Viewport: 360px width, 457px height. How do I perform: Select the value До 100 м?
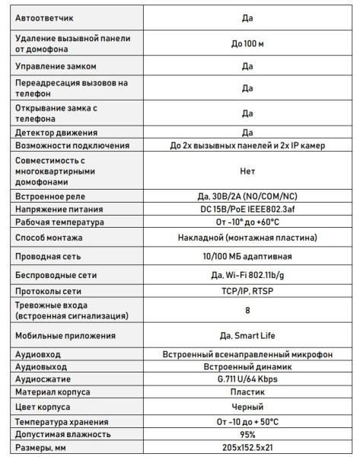(x=247, y=44)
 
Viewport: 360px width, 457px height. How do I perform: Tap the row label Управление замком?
(x=56, y=67)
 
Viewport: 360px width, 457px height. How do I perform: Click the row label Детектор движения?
(x=55, y=133)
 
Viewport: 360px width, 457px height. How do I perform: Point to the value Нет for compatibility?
(x=247, y=172)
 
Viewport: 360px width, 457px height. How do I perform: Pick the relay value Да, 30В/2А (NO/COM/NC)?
(x=247, y=197)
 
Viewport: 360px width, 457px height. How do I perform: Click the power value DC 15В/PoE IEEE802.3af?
(x=247, y=209)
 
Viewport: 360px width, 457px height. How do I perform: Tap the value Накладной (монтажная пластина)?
(x=247, y=238)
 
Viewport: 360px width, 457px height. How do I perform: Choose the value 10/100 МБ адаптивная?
(x=247, y=257)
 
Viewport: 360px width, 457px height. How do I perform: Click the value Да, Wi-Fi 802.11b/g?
(x=247, y=275)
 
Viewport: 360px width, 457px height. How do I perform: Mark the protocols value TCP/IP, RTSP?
(x=247, y=291)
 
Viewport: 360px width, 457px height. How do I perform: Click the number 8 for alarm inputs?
(x=247, y=311)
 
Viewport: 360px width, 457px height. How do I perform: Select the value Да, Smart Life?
(x=247, y=335)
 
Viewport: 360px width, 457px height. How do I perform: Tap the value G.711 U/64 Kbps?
(x=247, y=379)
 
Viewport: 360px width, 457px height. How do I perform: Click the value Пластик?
(x=247, y=392)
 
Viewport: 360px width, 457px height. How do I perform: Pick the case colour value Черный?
(x=247, y=407)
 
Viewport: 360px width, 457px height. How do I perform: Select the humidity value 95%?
(x=247, y=434)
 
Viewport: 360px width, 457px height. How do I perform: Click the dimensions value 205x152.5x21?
(x=247, y=448)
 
